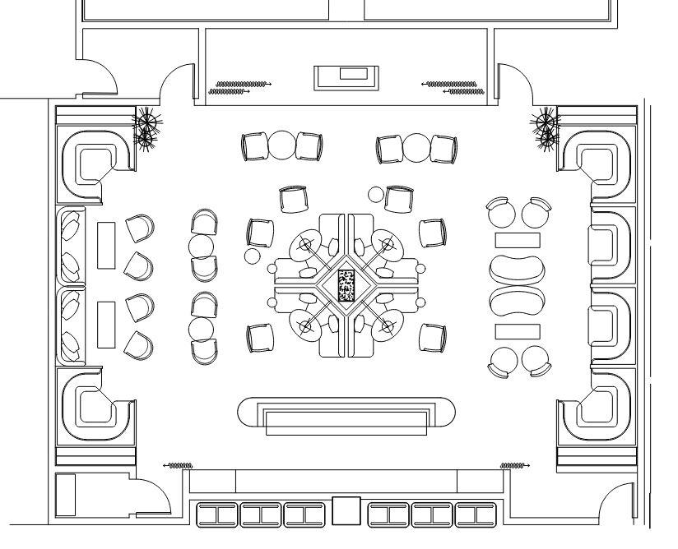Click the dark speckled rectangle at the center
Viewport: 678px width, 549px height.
pos(346,285)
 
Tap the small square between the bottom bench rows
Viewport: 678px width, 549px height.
pos(346,511)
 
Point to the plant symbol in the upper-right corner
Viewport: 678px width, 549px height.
pos(545,129)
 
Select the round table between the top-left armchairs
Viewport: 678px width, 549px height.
pos(281,146)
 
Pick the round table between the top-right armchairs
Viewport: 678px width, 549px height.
pos(416,149)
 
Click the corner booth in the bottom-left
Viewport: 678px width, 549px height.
pos(95,408)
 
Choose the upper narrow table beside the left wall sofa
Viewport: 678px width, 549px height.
pos(106,245)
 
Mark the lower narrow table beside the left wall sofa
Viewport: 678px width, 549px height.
pos(106,325)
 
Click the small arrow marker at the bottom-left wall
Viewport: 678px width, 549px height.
pos(179,466)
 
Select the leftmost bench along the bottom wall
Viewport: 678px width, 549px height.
pos(215,514)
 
